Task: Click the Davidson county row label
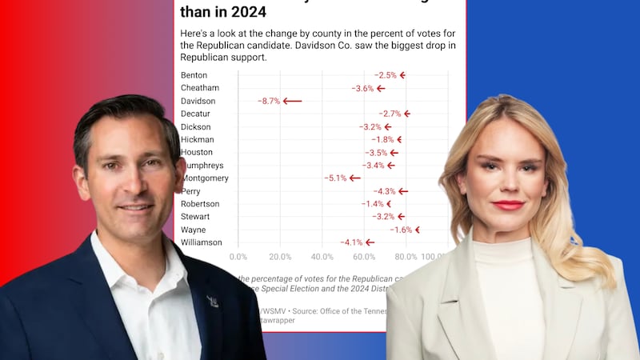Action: pyautogui.click(x=199, y=101)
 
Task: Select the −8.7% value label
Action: pyautogui.click(x=269, y=101)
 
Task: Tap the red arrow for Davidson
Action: pyautogui.click(x=292, y=101)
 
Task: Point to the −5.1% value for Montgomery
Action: pyautogui.click(x=335, y=178)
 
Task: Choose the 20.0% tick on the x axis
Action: pyautogui.click(x=280, y=257)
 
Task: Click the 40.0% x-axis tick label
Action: pyautogui.click(x=322, y=257)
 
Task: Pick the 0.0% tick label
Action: pyautogui.click(x=238, y=257)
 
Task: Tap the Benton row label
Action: pyautogui.click(x=194, y=75)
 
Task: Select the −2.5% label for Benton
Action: pyautogui.click(x=386, y=75)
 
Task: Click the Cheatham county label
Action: pyautogui.click(x=201, y=88)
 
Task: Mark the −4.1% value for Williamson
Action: pyautogui.click(x=351, y=242)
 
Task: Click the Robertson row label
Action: pyautogui.click(x=202, y=204)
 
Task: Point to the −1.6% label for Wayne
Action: pyautogui.click(x=401, y=230)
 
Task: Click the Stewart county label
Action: pyautogui.click(x=198, y=217)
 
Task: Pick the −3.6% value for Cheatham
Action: pyautogui.click(x=362, y=88)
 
